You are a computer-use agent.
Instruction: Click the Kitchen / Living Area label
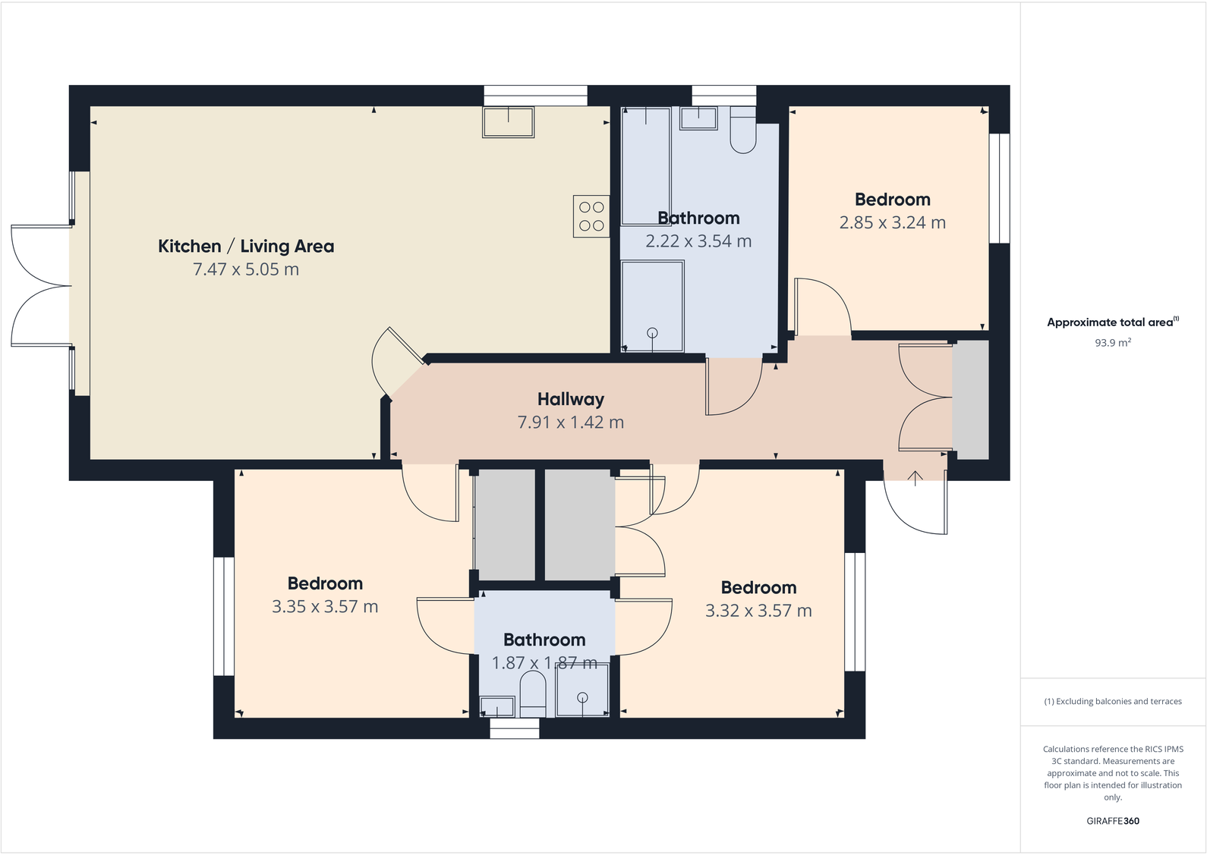(x=245, y=246)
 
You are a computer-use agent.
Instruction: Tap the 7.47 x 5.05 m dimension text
(x=245, y=269)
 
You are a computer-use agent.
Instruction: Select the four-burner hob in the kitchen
(x=591, y=216)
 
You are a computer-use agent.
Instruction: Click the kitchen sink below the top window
(x=508, y=122)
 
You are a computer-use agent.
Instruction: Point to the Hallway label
(x=570, y=399)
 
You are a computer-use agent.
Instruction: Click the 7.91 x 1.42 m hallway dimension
(x=570, y=423)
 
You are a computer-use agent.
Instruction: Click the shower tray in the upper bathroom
(x=652, y=306)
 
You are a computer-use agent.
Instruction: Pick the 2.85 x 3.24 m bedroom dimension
(x=892, y=223)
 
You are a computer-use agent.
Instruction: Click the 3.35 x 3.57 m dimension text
(x=325, y=607)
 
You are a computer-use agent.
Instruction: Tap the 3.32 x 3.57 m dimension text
(x=758, y=611)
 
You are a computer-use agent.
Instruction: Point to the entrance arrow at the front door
(x=915, y=478)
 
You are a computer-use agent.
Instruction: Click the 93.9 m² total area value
(x=1112, y=343)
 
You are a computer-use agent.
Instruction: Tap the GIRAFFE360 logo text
(x=1112, y=821)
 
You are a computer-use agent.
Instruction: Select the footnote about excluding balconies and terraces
(x=1112, y=702)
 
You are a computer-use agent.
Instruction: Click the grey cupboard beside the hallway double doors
(x=971, y=400)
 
